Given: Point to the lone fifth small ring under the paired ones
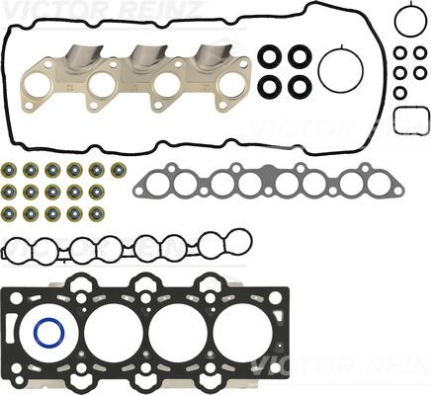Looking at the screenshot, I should (x=400, y=92).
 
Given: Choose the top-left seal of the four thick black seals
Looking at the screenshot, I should (x=269, y=58).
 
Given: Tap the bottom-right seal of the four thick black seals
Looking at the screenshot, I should (x=297, y=86).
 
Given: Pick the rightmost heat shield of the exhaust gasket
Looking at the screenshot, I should (x=212, y=56).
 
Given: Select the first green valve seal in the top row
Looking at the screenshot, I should (x=9, y=170).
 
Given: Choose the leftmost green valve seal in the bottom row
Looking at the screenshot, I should (x=9, y=212).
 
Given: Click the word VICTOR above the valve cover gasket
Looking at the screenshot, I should (x=27, y=8).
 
